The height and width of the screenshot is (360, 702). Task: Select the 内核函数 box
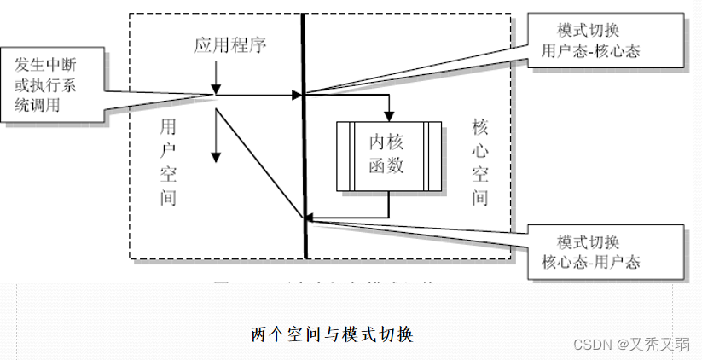pos(389,155)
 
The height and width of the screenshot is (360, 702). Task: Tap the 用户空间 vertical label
pos(168,162)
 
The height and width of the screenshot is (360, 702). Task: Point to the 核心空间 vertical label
pos(480,162)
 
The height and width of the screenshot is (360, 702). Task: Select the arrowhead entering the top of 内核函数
pos(389,116)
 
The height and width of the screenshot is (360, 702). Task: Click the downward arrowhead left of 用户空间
pos(217,156)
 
